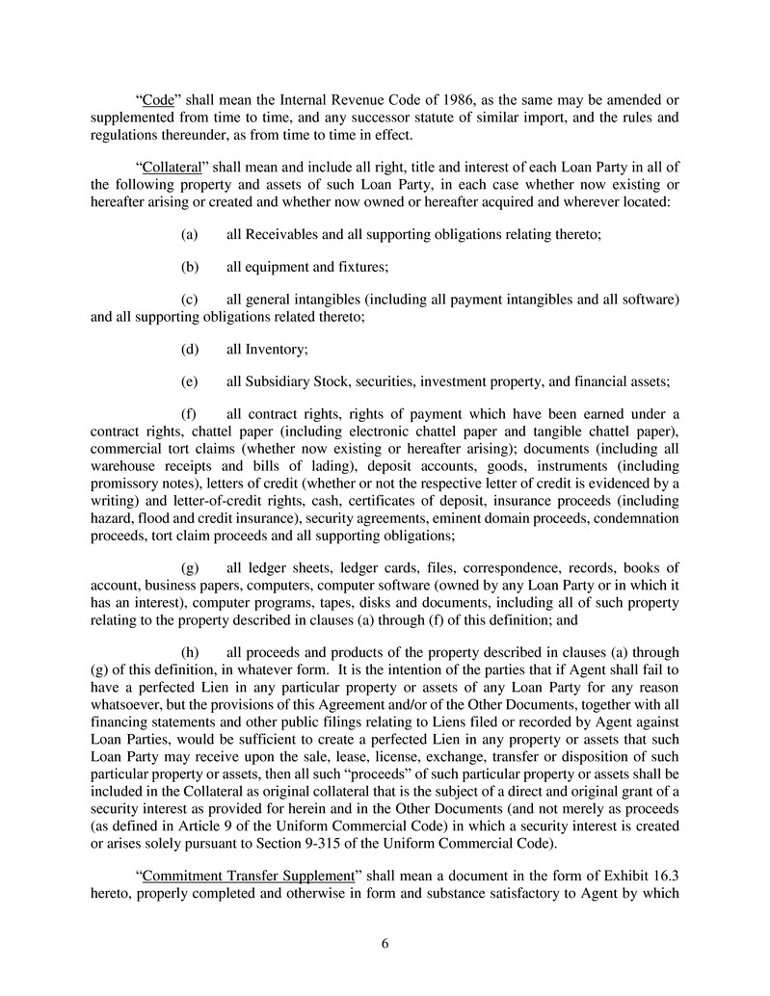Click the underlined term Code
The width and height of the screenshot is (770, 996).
(158, 100)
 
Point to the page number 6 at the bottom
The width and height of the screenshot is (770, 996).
(385, 943)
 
